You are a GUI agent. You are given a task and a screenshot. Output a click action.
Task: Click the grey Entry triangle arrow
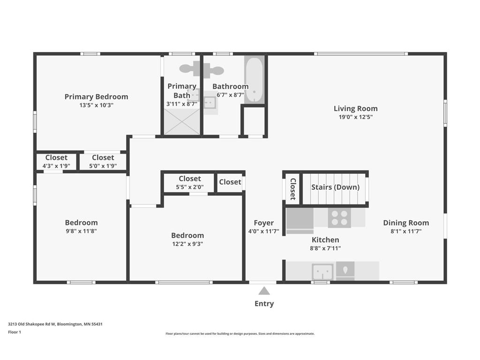click(264, 291)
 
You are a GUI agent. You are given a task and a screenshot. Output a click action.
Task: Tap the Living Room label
click(355, 108)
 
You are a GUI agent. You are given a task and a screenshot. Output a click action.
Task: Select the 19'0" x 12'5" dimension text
click(355, 117)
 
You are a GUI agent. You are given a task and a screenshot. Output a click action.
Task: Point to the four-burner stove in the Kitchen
click(339, 217)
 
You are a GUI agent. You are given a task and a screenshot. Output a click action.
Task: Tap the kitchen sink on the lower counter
click(322, 271)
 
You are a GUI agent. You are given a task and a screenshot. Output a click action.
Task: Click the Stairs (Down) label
click(335, 187)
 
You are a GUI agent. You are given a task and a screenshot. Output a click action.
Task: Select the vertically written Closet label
click(293, 188)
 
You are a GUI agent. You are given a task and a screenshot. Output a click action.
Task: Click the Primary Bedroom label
click(96, 97)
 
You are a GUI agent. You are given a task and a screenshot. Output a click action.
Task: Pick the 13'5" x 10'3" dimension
click(96, 105)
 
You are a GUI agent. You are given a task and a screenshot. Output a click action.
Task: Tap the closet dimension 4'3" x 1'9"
click(56, 166)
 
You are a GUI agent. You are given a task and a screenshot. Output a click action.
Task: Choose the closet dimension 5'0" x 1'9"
click(103, 166)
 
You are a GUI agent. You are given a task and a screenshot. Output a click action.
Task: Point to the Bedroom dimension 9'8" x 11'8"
click(81, 231)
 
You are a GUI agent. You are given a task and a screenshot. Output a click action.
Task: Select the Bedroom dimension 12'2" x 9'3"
click(187, 244)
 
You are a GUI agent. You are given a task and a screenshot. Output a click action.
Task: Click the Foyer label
click(263, 223)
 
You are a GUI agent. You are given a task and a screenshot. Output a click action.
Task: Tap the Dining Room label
click(406, 223)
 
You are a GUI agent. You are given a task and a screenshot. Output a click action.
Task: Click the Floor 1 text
click(15, 332)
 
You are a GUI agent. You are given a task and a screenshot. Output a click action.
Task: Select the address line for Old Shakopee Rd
click(55, 324)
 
